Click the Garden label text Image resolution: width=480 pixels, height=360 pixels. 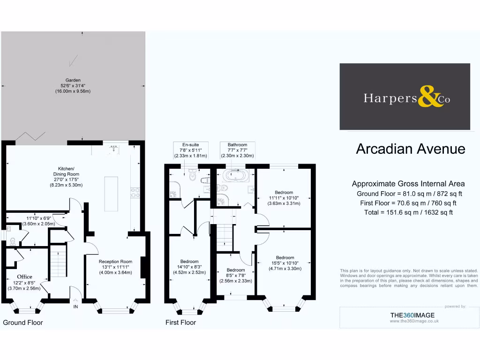pos(73,80)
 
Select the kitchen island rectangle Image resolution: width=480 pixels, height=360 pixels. pos(111,194)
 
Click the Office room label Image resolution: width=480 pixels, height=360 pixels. pos(24,277)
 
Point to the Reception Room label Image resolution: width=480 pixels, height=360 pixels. pos(115,262)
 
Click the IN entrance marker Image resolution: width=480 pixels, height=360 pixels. pos(75,307)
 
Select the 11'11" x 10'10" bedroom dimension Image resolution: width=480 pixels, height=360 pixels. pos(284,198)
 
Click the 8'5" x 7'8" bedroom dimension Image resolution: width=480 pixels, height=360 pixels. pos(236,276)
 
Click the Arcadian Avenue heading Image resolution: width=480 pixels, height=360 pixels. pos(411,149)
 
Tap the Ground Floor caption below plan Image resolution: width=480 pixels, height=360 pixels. pos(23,322)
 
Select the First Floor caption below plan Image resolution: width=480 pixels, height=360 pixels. pos(181,322)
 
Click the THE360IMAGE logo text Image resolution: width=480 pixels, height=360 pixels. pos(413,315)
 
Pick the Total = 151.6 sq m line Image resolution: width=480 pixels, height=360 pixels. pos(408,212)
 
